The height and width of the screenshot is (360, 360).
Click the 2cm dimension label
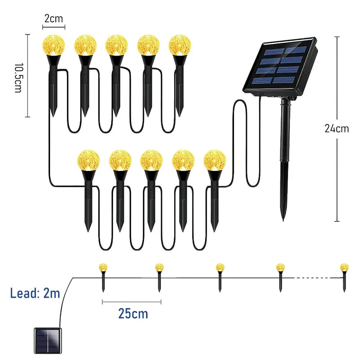coord(54,18)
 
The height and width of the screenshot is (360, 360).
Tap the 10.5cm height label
coord(18,78)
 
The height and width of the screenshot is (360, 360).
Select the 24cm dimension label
coord(337,128)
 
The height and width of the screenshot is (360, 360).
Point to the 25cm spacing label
coord(133,313)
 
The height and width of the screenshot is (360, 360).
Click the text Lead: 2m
coord(35,293)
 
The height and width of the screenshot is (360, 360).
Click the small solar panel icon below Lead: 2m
coord(48,341)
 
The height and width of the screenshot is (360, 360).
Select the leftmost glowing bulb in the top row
coord(54,45)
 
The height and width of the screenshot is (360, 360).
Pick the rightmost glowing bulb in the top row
coord(180,45)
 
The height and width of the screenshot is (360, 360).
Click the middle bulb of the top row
coord(117,45)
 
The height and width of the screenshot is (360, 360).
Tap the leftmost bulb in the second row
coord(88,160)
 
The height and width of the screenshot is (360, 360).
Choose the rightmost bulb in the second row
coord(215,160)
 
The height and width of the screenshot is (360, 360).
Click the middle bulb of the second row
coord(152,160)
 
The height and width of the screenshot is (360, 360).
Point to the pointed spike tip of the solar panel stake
coord(283,220)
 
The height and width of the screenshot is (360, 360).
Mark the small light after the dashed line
coord(344,277)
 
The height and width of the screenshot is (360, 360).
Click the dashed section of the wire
coord(317,278)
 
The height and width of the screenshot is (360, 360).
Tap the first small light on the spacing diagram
coord(103,277)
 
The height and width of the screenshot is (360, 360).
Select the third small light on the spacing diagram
coord(220,277)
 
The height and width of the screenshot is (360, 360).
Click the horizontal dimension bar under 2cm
coord(54,27)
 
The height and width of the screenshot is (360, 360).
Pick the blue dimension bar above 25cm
coord(131,302)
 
